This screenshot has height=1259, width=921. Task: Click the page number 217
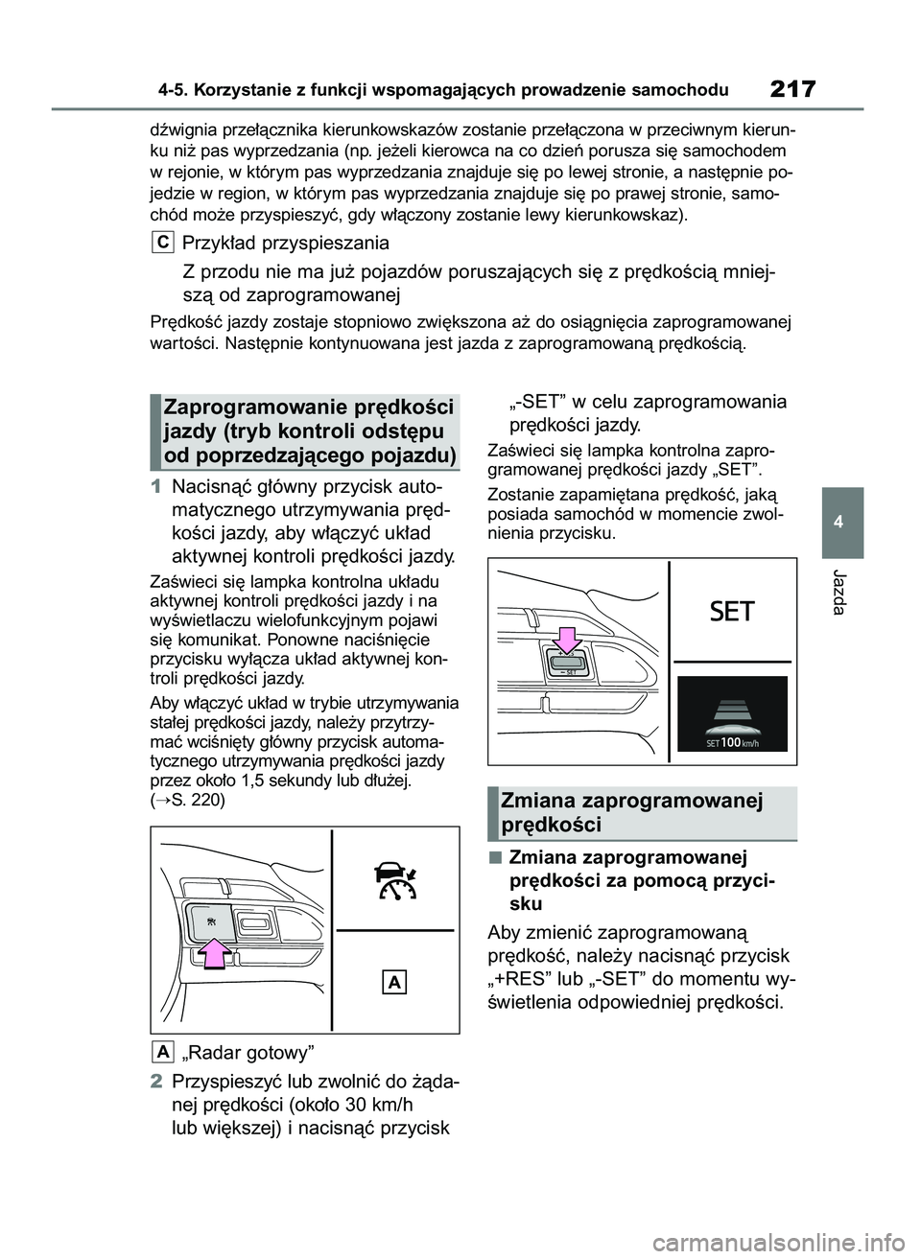pos(791,89)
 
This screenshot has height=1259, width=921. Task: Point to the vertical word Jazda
pos(842,594)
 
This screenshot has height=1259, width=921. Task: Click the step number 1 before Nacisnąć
pos(157,484)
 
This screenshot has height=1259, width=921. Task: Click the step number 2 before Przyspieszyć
pos(157,1082)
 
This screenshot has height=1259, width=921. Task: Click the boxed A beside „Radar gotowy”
pos(163,1053)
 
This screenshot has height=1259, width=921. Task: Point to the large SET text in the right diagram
pos(733,612)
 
